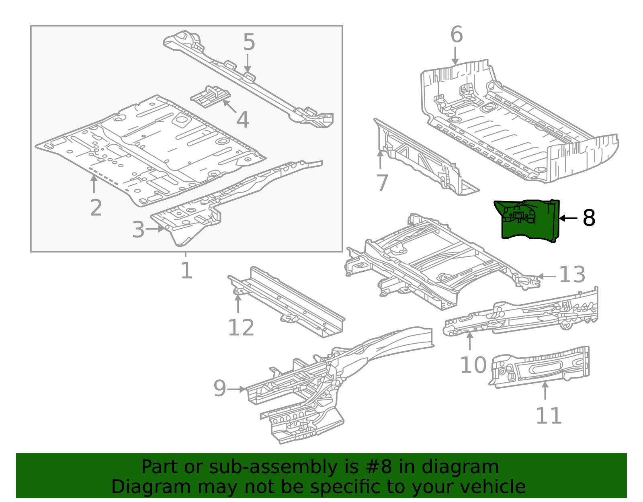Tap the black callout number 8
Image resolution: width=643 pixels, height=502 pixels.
[x=589, y=218]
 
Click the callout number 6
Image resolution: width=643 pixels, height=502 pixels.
[x=457, y=35]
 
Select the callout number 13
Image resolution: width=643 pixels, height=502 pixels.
[x=572, y=275]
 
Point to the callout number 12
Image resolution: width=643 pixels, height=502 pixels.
[x=241, y=328]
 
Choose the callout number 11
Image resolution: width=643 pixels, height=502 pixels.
[x=549, y=416]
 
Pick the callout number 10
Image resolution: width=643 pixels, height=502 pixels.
[x=473, y=365]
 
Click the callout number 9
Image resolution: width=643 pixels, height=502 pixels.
[x=219, y=389]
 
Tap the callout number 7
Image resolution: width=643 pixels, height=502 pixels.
[x=382, y=183]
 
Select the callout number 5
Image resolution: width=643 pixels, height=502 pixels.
[x=249, y=42]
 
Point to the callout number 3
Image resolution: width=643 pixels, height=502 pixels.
[x=138, y=230]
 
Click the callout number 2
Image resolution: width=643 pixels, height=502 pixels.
[x=96, y=208]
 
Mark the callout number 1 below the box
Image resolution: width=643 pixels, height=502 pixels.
[x=186, y=271]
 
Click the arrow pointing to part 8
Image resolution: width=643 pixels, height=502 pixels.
[x=568, y=218]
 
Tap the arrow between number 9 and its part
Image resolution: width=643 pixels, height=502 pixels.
[x=236, y=389]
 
